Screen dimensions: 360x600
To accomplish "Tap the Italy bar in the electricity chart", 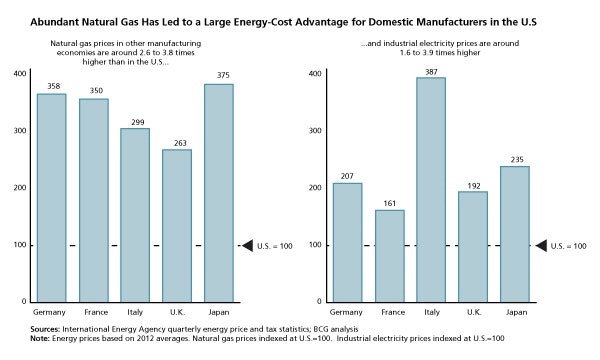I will (430, 189).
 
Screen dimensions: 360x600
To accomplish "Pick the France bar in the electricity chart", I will (389, 255).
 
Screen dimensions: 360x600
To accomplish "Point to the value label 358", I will (52, 87).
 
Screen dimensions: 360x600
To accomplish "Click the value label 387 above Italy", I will (430, 70).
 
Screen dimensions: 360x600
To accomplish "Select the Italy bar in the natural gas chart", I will (135, 215).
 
